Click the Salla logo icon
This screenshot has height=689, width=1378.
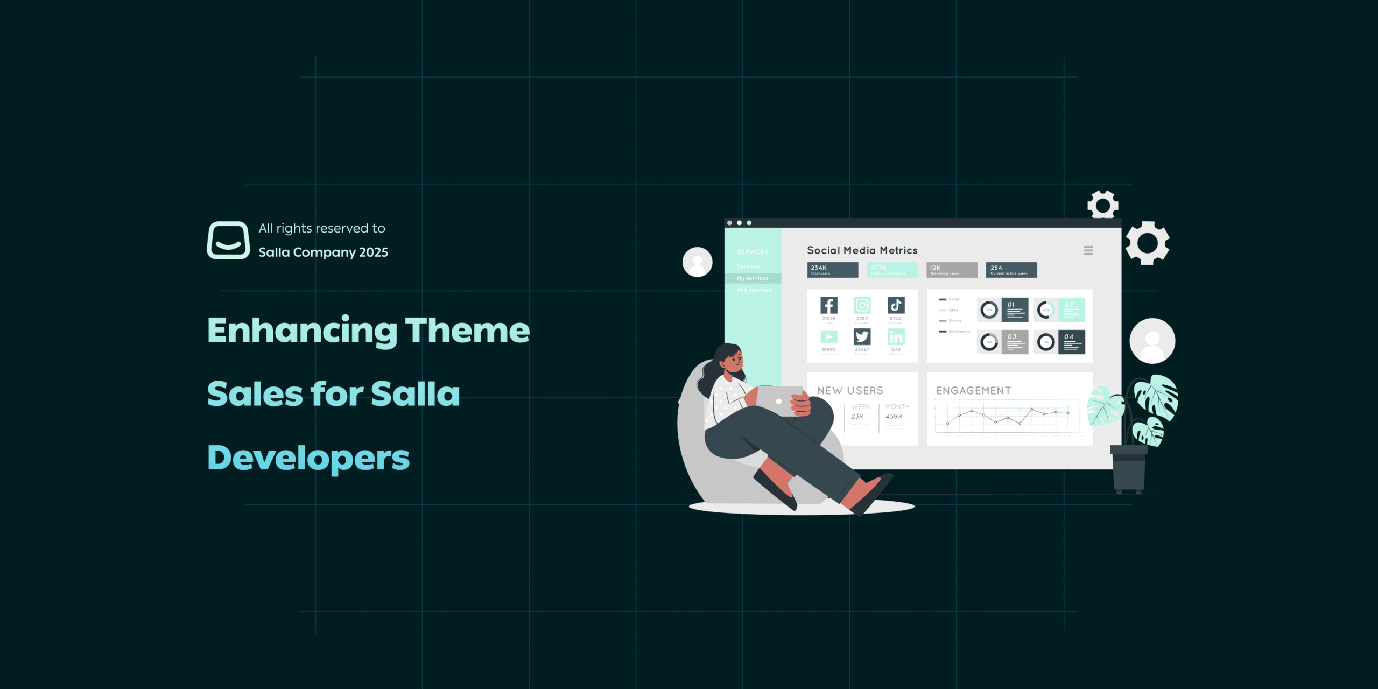pyautogui.click(x=228, y=240)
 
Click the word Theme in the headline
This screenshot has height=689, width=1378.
pyautogui.click(x=467, y=330)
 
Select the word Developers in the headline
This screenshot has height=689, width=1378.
pyautogui.click(x=308, y=458)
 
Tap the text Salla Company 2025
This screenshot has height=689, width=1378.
pyautogui.click(x=323, y=252)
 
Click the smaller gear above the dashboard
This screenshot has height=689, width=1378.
pyautogui.click(x=1102, y=205)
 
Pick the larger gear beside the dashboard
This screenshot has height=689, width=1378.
pyautogui.click(x=1147, y=243)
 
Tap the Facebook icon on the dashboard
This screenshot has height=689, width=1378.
pyautogui.click(x=828, y=305)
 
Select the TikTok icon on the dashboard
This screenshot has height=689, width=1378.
pyautogui.click(x=896, y=305)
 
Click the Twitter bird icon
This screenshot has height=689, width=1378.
pyautogui.click(x=862, y=337)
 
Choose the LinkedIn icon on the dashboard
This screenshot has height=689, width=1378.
pyautogui.click(x=896, y=337)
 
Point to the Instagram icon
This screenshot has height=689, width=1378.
pyautogui.click(x=862, y=305)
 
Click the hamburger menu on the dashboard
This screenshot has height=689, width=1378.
pyautogui.click(x=1088, y=250)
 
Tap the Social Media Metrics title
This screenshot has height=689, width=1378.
pyautogui.click(x=862, y=250)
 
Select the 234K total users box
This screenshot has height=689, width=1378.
pyautogui.click(x=832, y=270)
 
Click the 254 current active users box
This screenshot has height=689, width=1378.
pyautogui.click(x=1011, y=270)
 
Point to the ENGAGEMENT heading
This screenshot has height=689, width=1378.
pyautogui.click(x=973, y=391)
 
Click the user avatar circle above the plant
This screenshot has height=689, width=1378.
pyautogui.click(x=1152, y=341)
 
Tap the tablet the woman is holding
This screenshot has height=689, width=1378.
pyautogui.click(x=778, y=400)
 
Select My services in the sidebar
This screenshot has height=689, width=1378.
pyautogui.click(x=753, y=278)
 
